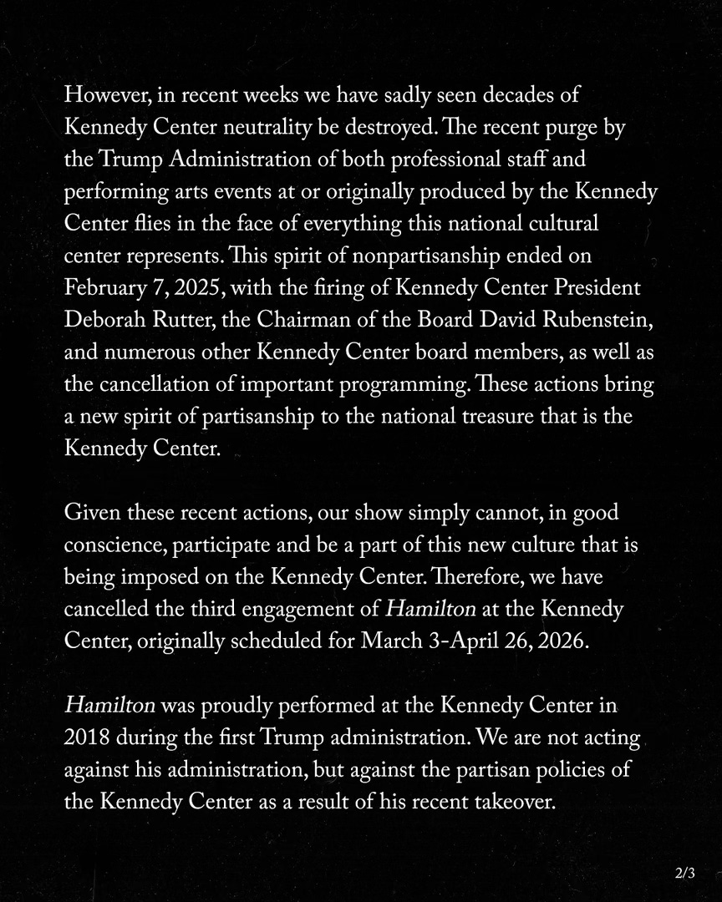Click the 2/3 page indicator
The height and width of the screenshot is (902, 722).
click(x=684, y=874)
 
